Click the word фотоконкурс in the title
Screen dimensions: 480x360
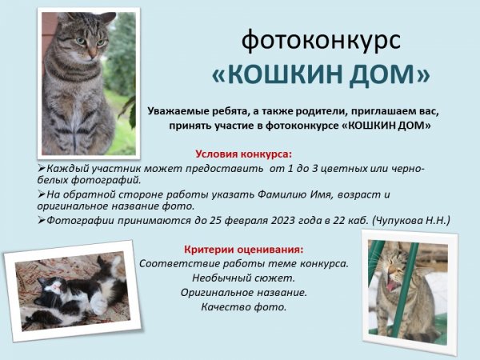click(321, 41)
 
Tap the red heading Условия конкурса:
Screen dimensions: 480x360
click(244, 154)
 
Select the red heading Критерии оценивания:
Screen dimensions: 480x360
click(244, 250)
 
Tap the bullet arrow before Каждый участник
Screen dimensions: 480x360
click(42, 168)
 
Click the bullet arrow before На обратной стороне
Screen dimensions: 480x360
click(42, 194)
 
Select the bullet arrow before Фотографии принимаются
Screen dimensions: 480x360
click(42, 220)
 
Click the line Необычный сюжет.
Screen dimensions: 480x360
click(244, 278)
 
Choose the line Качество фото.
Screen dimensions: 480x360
click(244, 306)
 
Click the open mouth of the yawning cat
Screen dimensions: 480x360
click(391, 286)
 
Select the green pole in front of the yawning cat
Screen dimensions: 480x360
click(403, 289)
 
